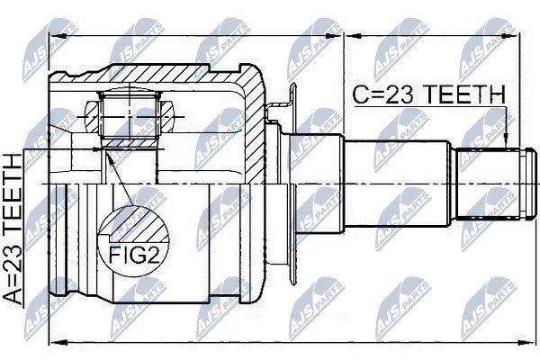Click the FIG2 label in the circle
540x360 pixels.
click(x=134, y=256)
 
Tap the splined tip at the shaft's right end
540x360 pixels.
click(x=495, y=184)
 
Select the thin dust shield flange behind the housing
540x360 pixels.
click(x=292, y=184)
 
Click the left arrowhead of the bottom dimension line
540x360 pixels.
click(x=57, y=342)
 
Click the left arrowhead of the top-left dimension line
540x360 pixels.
click(x=58, y=36)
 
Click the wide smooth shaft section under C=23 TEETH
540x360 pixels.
click(x=397, y=184)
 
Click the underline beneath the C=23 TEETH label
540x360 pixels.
click(x=429, y=107)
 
